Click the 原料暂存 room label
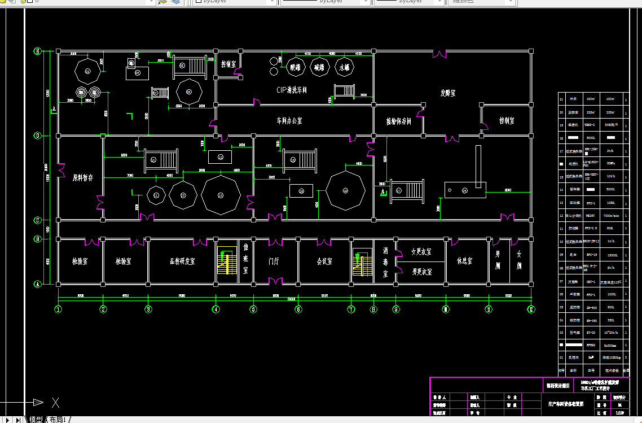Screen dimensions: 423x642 pos(83,178)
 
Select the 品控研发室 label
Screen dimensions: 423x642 pos(182,261)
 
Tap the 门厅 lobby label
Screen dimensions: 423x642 pos(274,261)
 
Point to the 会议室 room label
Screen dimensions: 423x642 pos(324,261)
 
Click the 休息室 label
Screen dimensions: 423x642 pos(464,261)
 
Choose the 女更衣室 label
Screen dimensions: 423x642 pos(421,252)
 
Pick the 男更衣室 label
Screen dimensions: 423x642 pos(421,271)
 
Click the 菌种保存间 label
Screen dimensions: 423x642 pos(398,121)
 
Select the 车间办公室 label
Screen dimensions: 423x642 pos(289,121)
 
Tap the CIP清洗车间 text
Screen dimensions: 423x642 pos(292,90)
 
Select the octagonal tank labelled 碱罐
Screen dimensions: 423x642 pos(320,67)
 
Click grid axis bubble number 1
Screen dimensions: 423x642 pos(58,309)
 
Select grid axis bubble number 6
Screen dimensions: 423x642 pos(298,309)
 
